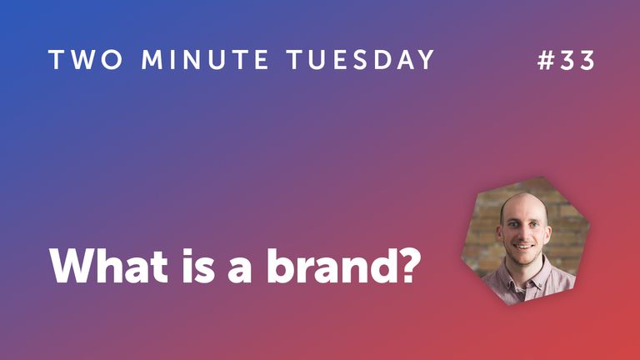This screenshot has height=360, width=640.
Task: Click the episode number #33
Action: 567,61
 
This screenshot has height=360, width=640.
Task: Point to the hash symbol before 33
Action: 546,61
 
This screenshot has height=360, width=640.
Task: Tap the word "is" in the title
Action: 195,265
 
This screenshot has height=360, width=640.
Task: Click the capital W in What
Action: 72,265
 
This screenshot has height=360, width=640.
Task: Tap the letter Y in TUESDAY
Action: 425,61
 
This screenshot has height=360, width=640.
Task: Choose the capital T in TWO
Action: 55,61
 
